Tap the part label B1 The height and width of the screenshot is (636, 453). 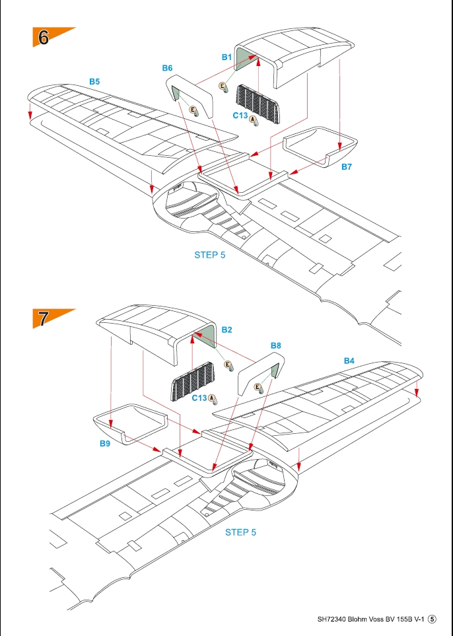click(226, 57)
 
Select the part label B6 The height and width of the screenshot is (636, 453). click(168, 68)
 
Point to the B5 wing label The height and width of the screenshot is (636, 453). click(94, 81)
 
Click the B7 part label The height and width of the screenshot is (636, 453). click(347, 166)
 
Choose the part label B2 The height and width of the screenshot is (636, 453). click(226, 330)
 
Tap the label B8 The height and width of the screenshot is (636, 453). click(276, 345)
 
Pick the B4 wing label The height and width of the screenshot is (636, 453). click(349, 361)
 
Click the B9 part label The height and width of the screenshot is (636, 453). click(105, 443)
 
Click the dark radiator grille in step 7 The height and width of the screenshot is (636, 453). click(193, 382)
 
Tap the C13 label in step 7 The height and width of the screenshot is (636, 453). click(199, 398)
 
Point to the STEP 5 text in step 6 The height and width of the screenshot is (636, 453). click(210, 255)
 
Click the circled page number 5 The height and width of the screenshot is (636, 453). click(433, 619)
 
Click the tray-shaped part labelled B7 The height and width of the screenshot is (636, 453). click(320, 147)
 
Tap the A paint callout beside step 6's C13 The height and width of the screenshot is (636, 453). click(252, 119)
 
